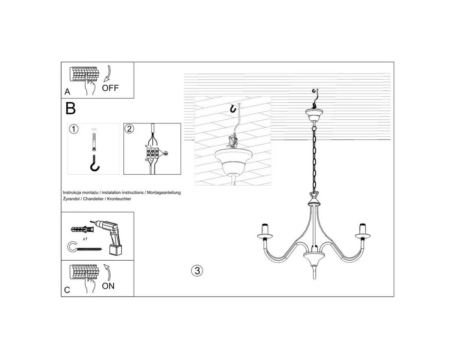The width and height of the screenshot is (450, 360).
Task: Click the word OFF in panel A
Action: (110, 88)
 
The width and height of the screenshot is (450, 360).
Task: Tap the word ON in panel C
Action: (108, 286)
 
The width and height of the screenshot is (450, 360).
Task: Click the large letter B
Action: (70, 108)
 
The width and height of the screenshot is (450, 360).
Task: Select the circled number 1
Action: (73, 129)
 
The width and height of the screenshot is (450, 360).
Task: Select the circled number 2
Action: (129, 129)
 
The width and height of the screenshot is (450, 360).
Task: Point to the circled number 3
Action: (197, 271)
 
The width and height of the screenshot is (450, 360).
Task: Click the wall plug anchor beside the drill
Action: (82, 229)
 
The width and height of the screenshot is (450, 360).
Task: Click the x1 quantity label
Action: (85, 239)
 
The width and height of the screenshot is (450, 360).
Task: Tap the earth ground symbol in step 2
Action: (165, 153)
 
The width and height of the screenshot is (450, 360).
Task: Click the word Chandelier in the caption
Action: (93, 199)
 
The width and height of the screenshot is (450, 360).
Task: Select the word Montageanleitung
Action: (164, 192)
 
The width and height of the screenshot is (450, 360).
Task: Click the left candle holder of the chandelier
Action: (265, 232)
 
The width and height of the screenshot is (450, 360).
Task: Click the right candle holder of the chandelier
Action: (363, 232)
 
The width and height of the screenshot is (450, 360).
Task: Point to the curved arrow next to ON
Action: (108, 272)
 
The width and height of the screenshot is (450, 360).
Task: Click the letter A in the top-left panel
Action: (67, 91)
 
